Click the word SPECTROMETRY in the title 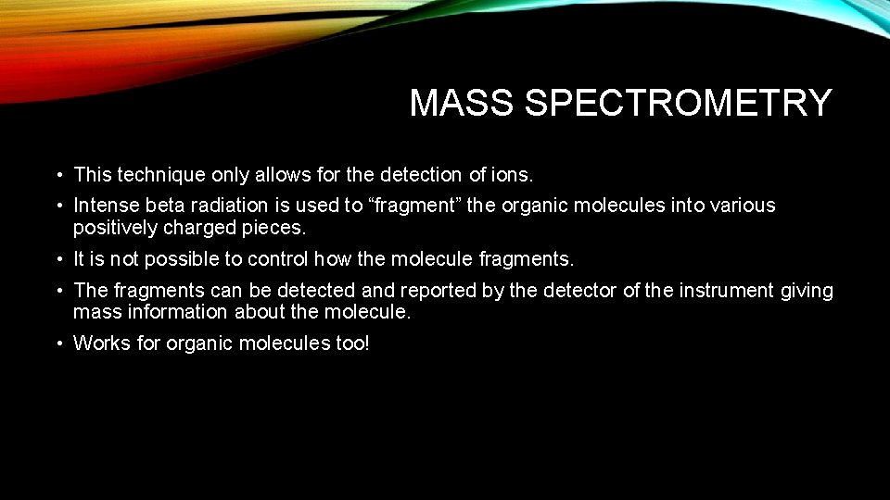point(678,104)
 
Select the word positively point(115,228)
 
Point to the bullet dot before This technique point(57,175)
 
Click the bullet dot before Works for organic point(57,344)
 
